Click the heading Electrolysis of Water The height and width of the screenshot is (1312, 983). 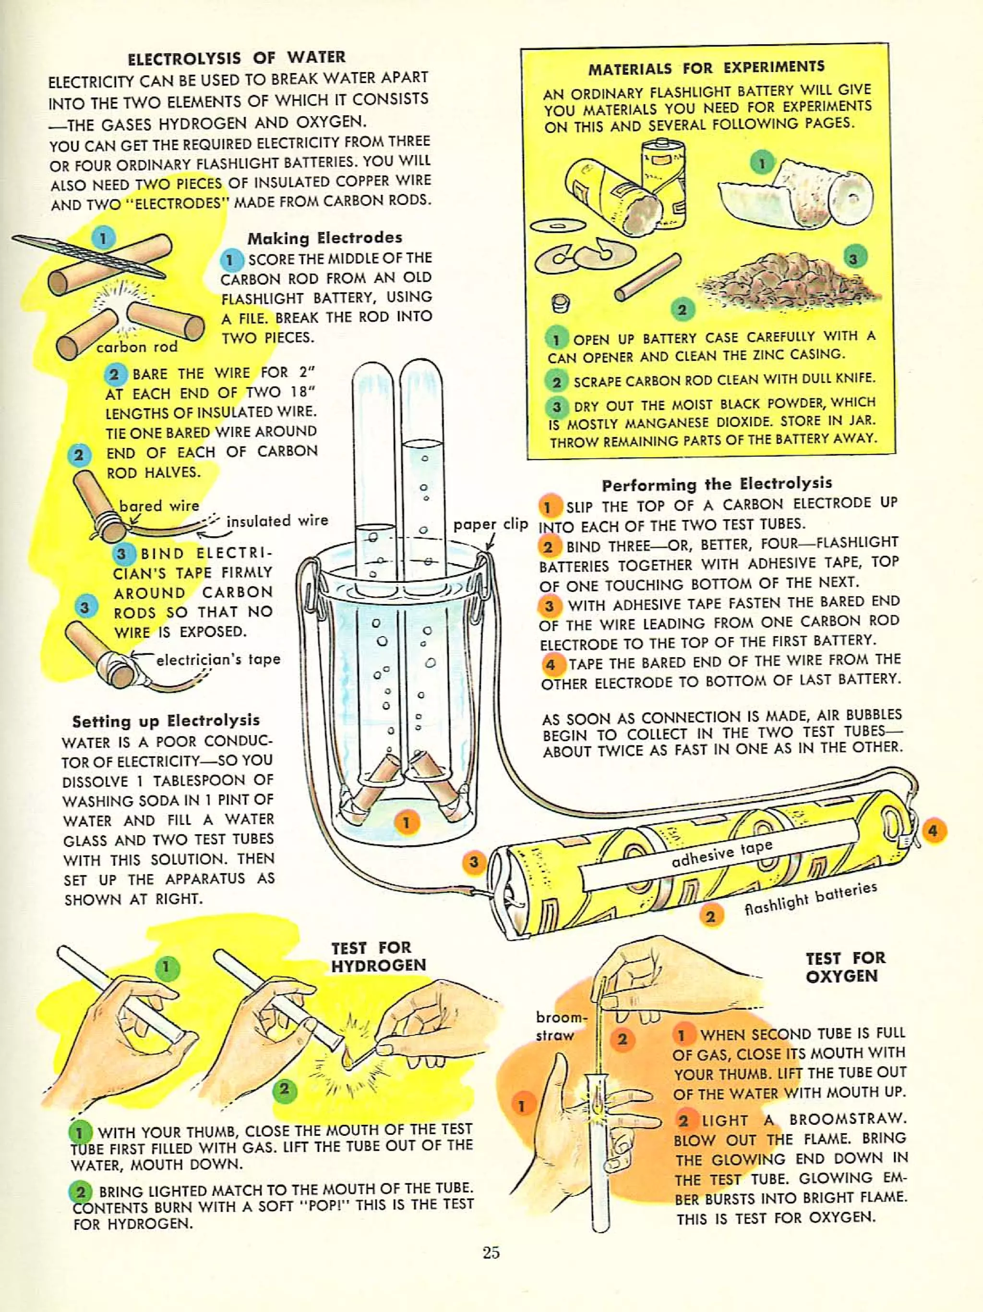pos(237,58)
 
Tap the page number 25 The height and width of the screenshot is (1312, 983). pos(491,1252)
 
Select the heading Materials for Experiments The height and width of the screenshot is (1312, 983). pos(706,68)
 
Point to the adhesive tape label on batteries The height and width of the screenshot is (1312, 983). pos(722,853)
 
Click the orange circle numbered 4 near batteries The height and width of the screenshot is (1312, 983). pos(933,831)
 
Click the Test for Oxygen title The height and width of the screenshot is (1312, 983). pos(845,967)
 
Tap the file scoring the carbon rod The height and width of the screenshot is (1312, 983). pos(89,257)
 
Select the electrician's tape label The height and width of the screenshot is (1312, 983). pos(217,660)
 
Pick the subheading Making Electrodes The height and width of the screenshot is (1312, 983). pos(324,238)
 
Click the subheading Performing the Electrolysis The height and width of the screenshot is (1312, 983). pos(717,484)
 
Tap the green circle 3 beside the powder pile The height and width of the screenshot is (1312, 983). pos(852,259)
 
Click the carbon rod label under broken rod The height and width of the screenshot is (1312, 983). pos(136,347)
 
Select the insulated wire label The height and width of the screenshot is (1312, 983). pos(277,521)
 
